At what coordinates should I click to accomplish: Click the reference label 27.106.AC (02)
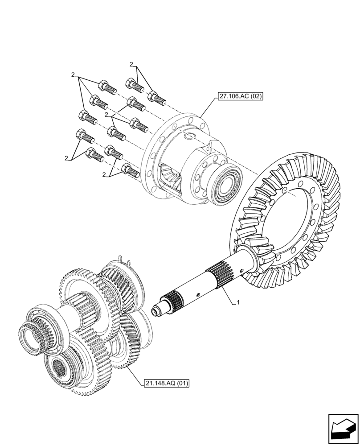(240, 96)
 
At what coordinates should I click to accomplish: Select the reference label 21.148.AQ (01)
(167, 383)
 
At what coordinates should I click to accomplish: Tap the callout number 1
(238, 302)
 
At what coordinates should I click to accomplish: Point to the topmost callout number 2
(131, 65)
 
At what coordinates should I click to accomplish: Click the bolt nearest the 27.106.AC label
(157, 98)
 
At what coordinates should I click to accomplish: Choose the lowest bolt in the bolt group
(130, 170)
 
